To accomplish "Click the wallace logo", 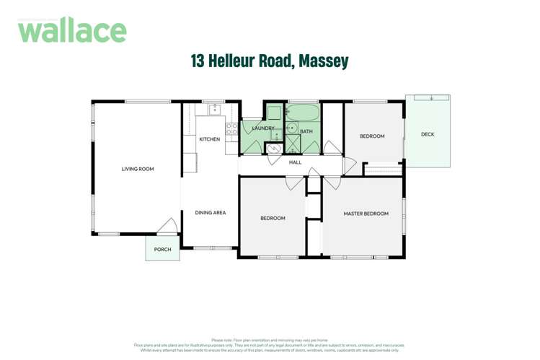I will coord(72,30).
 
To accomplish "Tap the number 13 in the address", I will coord(198,61).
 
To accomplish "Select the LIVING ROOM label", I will coord(137,170).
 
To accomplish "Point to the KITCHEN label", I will coord(209,139).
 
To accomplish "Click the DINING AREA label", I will coord(210,213).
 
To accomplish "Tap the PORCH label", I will coord(162,250).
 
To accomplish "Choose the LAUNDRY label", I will coord(262,128).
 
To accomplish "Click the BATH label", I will coord(306,131).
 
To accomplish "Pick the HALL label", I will coord(295,162).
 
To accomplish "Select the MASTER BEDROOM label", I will coord(366,214).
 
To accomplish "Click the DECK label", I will coord(428,134).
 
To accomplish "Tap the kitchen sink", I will coord(214,110).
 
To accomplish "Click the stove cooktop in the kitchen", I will coord(231,128).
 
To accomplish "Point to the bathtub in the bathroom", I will coord(303,113).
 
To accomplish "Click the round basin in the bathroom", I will coord(292,128).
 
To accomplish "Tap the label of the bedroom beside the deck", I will coord(372,136).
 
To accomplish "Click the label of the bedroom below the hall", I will coord(273,218).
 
